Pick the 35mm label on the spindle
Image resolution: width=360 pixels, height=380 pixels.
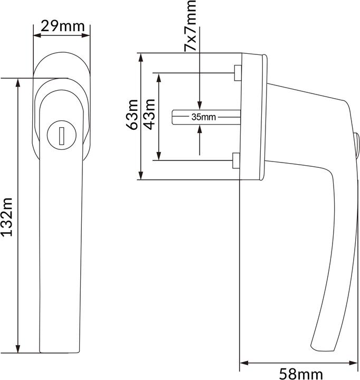(203, 117)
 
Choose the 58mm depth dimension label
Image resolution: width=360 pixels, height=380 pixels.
(300, 374)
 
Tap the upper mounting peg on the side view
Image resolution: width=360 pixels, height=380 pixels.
(237, 72)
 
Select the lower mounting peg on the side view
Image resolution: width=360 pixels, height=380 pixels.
(237, 160)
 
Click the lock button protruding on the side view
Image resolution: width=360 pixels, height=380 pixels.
(356, 141)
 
